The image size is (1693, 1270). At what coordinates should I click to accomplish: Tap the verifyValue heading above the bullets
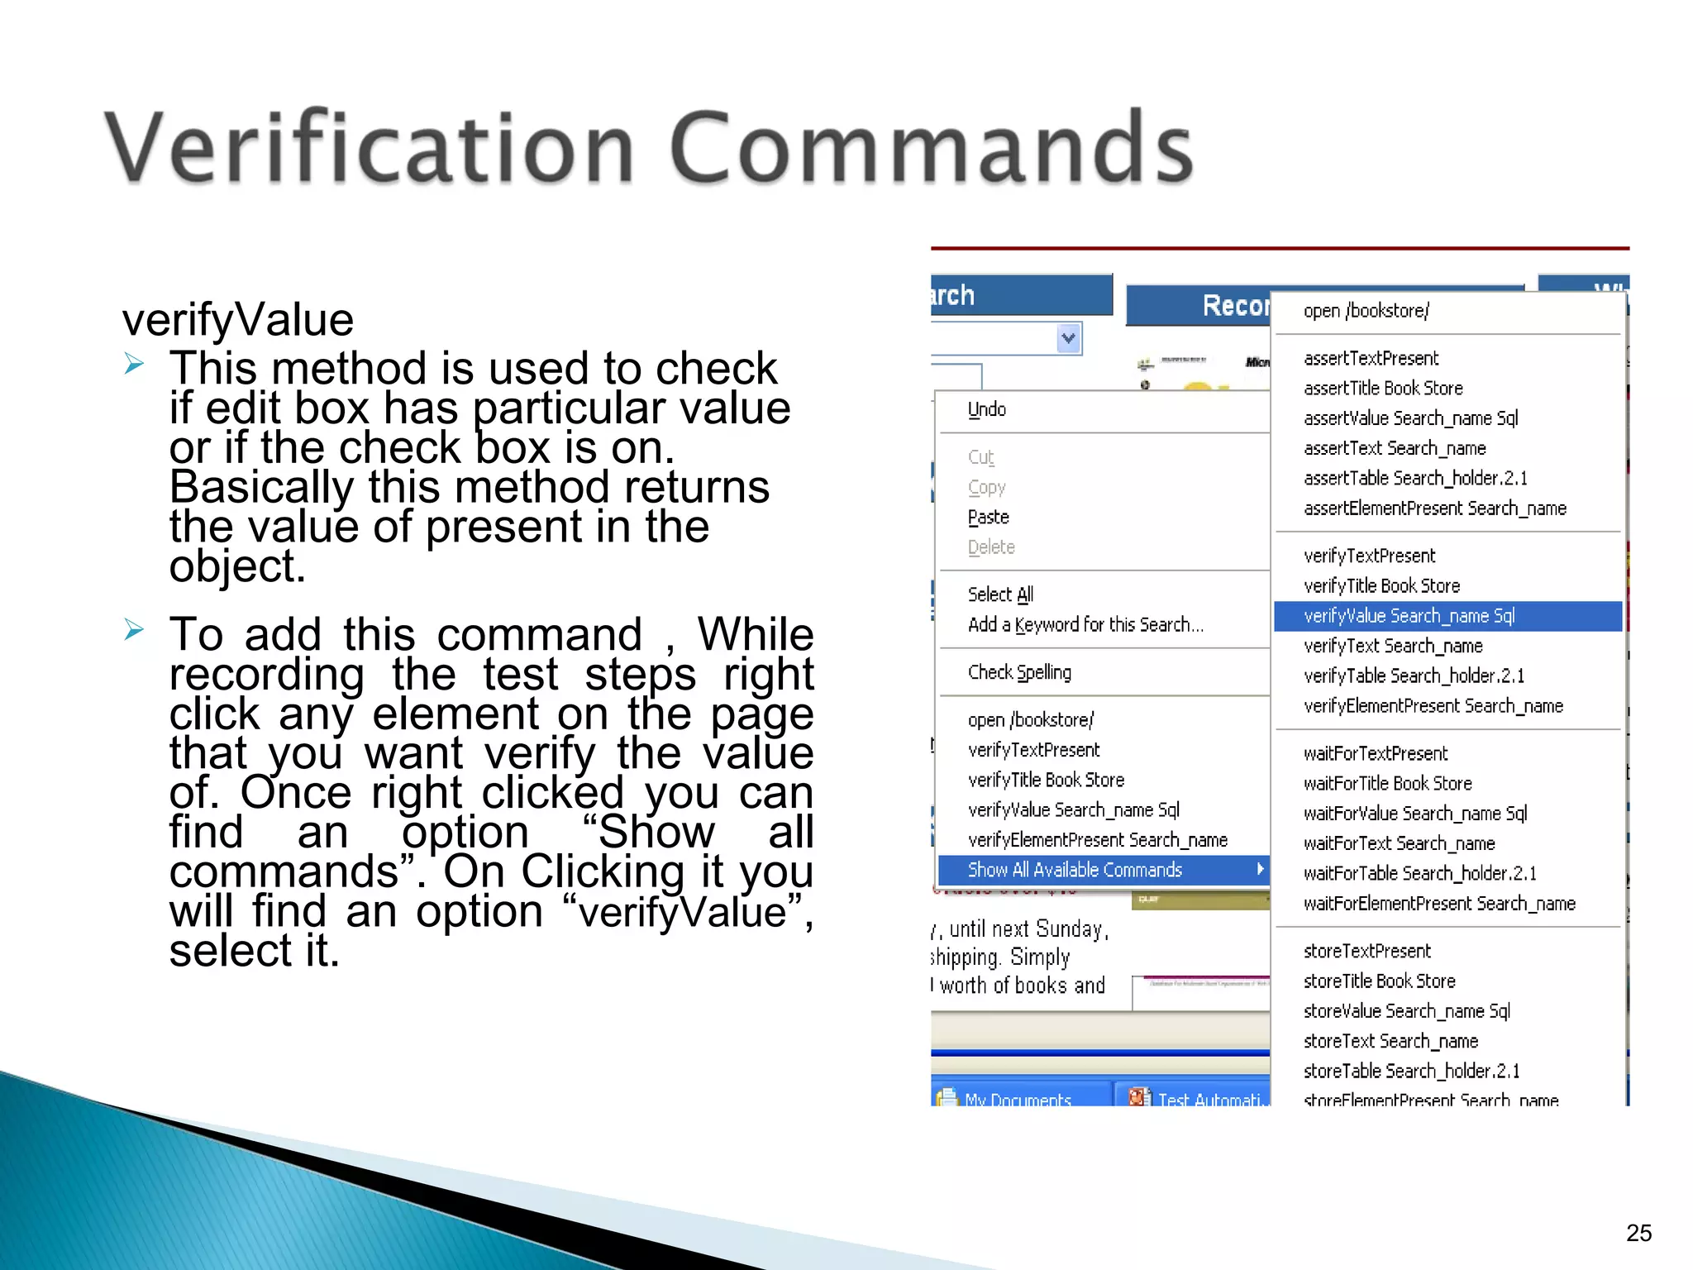point(238,320)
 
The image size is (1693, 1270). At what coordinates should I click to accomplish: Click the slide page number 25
point(1638,1233)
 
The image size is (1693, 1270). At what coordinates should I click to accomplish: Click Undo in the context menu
point(987,409)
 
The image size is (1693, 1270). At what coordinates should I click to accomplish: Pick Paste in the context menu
point(989,518)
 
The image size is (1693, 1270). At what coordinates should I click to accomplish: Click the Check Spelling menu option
point(1019,672)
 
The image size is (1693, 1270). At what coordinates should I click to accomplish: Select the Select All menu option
point(1000,594)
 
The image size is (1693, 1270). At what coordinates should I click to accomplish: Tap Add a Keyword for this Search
point(1085,625)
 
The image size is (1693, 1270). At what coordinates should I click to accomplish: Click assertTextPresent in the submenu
point(1371,359)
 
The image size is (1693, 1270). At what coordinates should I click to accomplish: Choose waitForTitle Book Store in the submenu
point(1387,784)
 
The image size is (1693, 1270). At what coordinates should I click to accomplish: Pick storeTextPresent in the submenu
point(1367,952)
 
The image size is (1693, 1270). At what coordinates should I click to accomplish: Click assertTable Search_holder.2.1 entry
point(1415,479)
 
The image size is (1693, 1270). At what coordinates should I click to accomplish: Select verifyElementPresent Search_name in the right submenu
point(1433,706)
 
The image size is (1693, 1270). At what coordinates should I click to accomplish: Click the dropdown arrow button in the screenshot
point(1069,338)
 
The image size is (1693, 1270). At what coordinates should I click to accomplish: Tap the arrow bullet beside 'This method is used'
point(134,363)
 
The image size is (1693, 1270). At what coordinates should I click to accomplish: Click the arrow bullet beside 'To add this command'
point(134,630)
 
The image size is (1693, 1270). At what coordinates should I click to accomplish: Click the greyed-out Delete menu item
point(991,547)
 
